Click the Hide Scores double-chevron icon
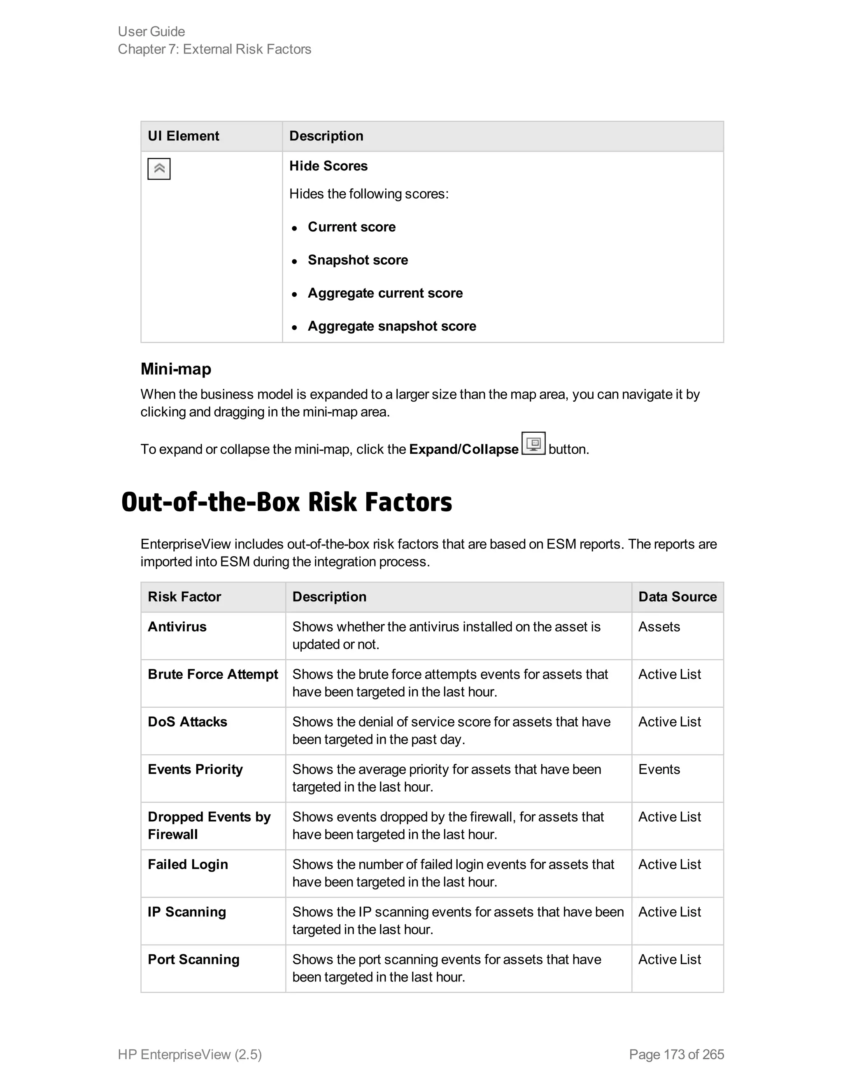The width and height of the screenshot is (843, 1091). coord(159,169)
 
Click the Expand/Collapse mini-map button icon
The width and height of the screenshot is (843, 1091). coord(533,443)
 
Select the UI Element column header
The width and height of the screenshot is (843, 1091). coord(183,136)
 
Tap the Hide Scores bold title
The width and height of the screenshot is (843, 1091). coord(328,166)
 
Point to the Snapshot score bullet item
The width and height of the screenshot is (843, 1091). coord(358,260)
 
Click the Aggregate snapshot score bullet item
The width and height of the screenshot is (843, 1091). coord(391,326)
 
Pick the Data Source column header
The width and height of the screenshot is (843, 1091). coord(677,597)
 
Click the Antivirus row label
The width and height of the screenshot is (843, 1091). coord(177,627)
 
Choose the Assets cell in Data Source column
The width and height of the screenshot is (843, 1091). coord(659,627)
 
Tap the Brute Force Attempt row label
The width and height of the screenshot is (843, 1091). coord(213,674)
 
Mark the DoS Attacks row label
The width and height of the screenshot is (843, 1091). coord(187,722)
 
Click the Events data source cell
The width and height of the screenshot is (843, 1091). coord(659,769)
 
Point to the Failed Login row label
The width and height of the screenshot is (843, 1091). coord(188,864)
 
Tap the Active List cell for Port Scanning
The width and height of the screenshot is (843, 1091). coord(669,959)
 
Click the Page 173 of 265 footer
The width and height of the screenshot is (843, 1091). coord(676,1054)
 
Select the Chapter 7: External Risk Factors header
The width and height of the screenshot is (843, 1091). coord(214,49)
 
